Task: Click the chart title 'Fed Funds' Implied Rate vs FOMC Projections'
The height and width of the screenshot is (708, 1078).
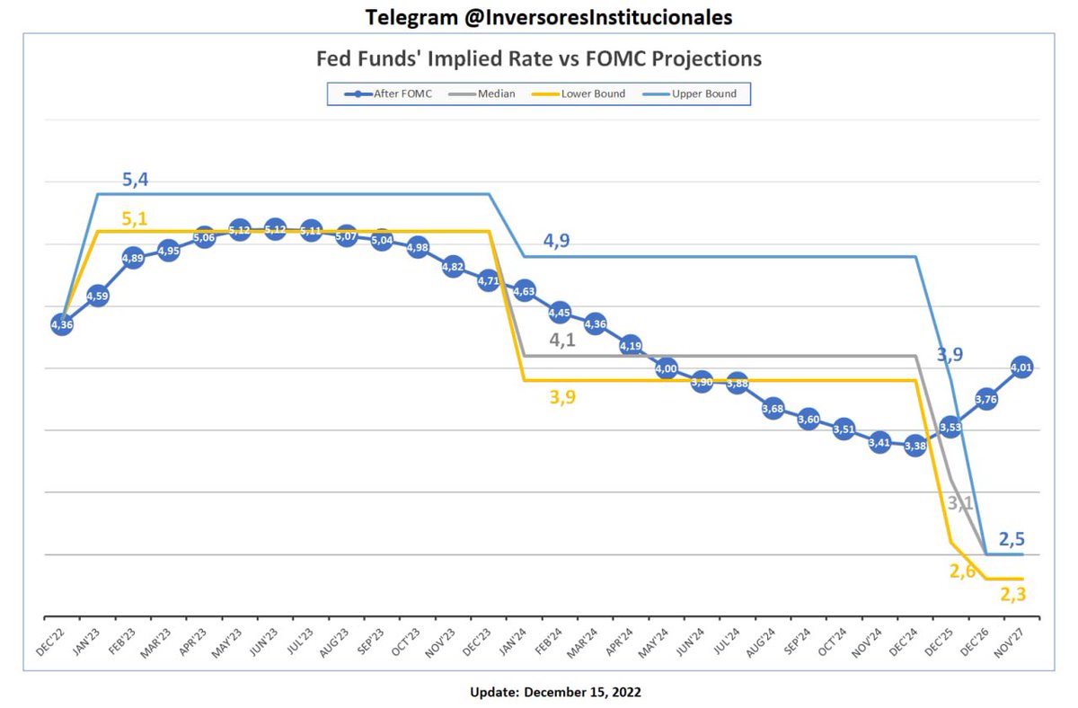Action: pyautogui.click(x=539, y=59)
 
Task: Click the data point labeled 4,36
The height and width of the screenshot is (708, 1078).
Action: pyautogui.click(x=62, y=324)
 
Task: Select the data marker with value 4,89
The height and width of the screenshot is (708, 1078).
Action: pyautogui.click(x=132, y=259)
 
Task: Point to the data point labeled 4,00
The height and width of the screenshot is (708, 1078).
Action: pyautogui.click(x=666, y=368)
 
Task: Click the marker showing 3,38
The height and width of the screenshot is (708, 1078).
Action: pyautogui.click(x=915, y=445)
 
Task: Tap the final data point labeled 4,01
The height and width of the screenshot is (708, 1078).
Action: pyautogui.click(x=1021, y=367)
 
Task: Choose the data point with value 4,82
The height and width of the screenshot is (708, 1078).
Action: pyautogui.click(x=453, y=266)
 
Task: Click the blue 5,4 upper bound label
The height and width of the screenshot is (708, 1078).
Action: pyautogui.click(x=136, y=181)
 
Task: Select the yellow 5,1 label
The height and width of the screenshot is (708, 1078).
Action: pyautogui.click(x=136, y=217)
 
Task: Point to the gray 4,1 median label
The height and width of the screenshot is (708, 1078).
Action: pyautogui.click(x=562, y=341)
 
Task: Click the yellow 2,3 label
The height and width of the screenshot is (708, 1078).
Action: pyautogui.click(x=1012, y=593)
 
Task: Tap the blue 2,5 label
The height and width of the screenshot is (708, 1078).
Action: pyautogui.click(x=1012, y=540)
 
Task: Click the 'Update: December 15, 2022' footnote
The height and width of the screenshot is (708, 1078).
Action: pyautogui.click(x=555, y=692)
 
